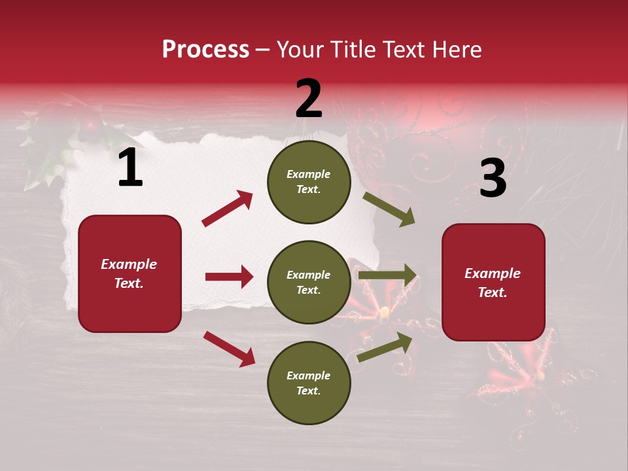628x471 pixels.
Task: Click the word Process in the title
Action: pyautogui.click(x=205, y=50)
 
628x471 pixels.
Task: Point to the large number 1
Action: pyautogui.click(x=130, y=168)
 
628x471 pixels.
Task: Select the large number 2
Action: pyautogui.click(x=309, y=99)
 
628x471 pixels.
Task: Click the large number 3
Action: pyautogui.click(x=493, y=178)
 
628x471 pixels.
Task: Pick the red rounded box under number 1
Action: pyautogui.click(x=130, y=273)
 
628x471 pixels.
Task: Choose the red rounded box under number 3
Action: pyautogui.click(x=493, y=283)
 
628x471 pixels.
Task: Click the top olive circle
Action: pyautogui.click(x=309, y=182)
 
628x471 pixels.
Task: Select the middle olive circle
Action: pyautogui.click(x=309, y=283)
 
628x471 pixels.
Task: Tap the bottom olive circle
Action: pyautogui.click(x=309, y=383)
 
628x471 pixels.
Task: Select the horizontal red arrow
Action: pyautogui.click(x=229, y=277)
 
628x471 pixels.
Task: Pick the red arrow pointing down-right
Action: pyautogui.click(x=229, y=349)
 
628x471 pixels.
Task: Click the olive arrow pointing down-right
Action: pyautogui.click(x=389, y=209)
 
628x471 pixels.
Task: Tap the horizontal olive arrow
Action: pyautogui.click(x=387, y=275)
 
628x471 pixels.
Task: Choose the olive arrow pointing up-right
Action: pyautogui.click(x=385, y=347)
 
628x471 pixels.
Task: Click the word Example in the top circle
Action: pyautogui.click(x=309, y=175)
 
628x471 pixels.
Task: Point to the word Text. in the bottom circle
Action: pyautogui.click(x=309, y=391)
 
